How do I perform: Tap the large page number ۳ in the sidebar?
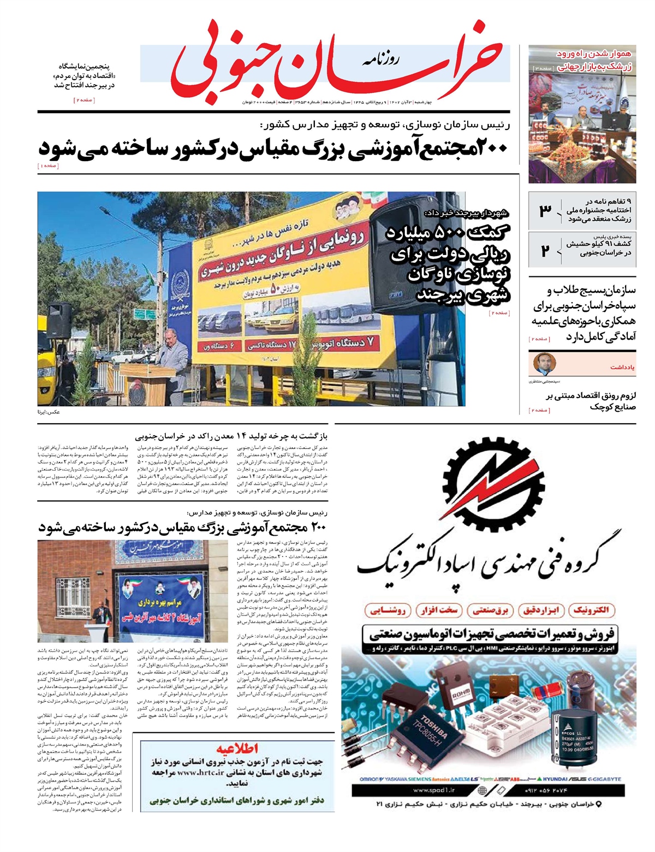tap(545, 210)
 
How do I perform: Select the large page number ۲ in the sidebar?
tap(545, 251)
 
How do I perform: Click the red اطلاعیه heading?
tap(237, 748)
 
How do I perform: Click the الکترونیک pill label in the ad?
tap(592, 610)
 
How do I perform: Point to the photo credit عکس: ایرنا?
tap(49, 412)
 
